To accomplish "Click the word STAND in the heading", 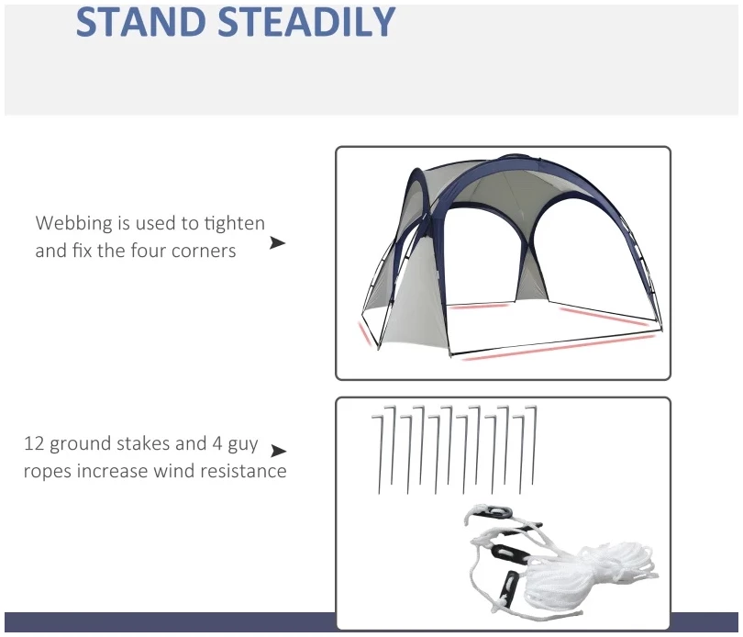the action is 141,21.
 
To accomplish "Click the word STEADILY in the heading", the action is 306,21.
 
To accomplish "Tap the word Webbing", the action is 73,223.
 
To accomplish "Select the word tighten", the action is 235,223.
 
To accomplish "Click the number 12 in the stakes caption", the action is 34,443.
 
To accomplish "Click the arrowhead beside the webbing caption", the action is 277,243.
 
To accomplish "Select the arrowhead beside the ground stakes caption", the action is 278,451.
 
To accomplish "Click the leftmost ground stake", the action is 377,454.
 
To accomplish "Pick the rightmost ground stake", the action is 533,445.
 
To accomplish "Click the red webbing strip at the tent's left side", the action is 364,333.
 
